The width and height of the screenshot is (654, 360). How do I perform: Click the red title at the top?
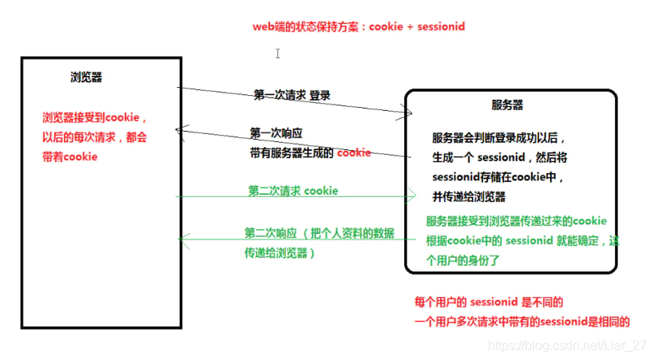click(359, 27)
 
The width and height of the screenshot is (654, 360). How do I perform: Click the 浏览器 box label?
click(86, 77)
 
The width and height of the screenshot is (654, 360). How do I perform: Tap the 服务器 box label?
click(508, 105)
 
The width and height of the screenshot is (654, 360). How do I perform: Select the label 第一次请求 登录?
click(291, 95)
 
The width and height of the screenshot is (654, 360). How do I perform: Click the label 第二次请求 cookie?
click(292, 191)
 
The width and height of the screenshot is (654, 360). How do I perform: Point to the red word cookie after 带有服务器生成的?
click(354, 152)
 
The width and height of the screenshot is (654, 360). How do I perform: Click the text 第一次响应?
click(276, 133)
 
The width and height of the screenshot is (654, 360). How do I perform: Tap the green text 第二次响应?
click(271, 233)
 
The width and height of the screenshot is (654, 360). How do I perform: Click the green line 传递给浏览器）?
click(280, 252)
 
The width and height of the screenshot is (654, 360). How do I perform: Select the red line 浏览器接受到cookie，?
click(94, 117)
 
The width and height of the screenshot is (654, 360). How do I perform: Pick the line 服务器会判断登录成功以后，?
click(499, 136)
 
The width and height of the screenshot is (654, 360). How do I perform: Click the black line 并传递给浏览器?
click(469, 197)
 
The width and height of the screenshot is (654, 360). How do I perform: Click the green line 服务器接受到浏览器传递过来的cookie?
click(516, 221)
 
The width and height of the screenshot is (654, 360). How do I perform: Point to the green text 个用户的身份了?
click(467, 260)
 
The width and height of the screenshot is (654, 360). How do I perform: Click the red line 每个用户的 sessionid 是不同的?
click(489, 303)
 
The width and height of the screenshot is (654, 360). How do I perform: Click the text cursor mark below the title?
click(278, 53)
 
